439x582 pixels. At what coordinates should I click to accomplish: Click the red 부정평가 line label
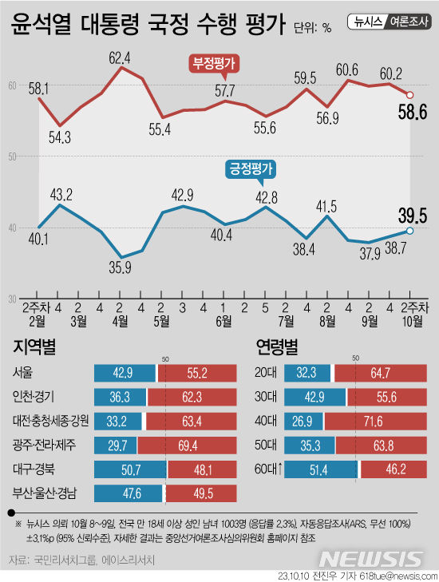pos(215,63)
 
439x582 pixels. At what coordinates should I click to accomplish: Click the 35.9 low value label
pos(120,267)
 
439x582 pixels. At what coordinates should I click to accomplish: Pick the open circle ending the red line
pos(409,94)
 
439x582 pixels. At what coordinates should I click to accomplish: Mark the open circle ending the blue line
pos(409,231)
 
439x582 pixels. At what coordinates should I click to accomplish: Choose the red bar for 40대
pos(373,421)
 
